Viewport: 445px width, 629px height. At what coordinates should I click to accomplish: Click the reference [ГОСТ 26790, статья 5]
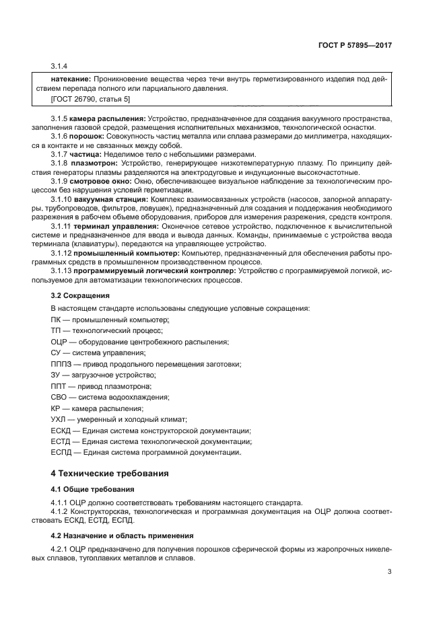(90, 99)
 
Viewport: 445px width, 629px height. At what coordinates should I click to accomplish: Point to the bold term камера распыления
(112, 118)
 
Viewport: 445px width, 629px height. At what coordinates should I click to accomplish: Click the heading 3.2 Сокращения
(80, 295)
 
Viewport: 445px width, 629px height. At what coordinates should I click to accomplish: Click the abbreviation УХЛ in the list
(59, 419)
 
